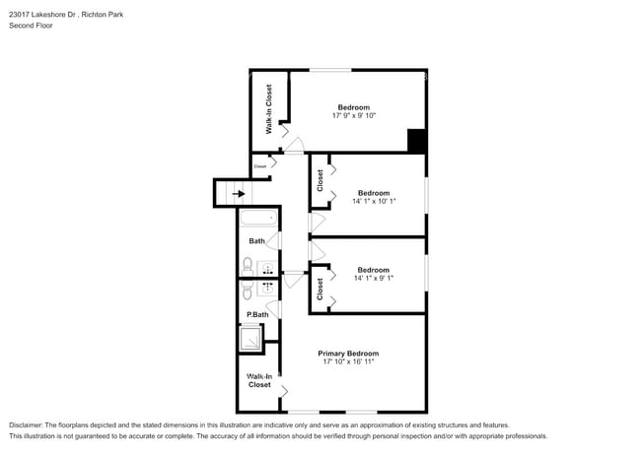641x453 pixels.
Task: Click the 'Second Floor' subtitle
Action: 31,26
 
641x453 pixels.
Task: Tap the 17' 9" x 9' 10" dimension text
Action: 354,116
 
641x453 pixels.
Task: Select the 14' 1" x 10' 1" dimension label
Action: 374,202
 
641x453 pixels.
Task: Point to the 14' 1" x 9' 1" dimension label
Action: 374,279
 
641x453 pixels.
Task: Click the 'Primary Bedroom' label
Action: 348,353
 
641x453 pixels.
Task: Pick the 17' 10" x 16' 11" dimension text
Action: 348,362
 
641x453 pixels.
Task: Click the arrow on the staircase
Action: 239,194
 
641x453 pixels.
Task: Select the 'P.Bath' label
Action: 257,314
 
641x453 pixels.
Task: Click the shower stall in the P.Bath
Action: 251,338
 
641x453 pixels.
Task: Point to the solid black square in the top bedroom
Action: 417,141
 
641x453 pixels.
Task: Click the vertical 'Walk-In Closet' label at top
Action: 269,109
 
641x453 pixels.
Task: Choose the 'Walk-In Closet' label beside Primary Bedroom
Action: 259,380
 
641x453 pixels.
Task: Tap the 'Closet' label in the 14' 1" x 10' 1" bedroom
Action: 320,180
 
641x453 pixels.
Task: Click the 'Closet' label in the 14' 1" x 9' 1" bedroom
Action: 320,289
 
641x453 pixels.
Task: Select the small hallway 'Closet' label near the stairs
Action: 260,166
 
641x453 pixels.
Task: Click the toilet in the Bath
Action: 248,265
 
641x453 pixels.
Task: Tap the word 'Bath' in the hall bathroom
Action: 256,241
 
